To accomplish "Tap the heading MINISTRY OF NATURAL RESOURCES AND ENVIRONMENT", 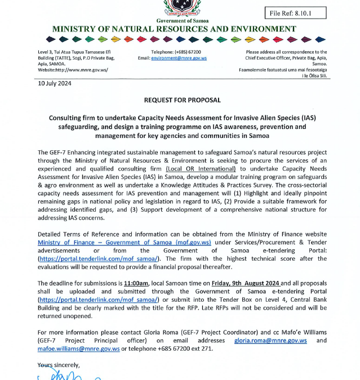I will (x=174, y=29).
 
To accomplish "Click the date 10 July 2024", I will (x=55, y=83).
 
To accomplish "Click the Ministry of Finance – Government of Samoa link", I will (x=124, y=242).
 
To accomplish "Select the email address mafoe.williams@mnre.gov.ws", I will (x=78, y=348).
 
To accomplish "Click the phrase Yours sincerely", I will (x=59, y=365).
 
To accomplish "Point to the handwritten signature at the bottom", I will (x=62, y=375).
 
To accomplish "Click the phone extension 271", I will (x=207, y=348).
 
